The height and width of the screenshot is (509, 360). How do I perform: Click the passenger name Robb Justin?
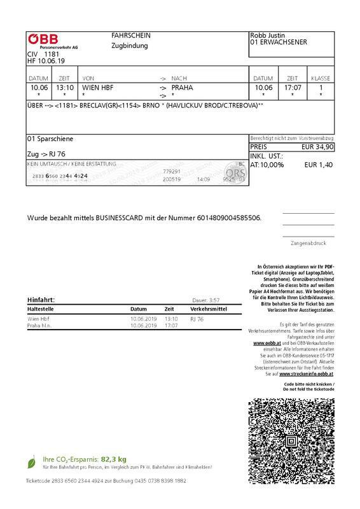pos(270,36)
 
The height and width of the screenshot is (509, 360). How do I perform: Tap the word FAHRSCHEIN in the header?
pos(131,36)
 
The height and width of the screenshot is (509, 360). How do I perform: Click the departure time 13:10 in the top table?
pos(65,87)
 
